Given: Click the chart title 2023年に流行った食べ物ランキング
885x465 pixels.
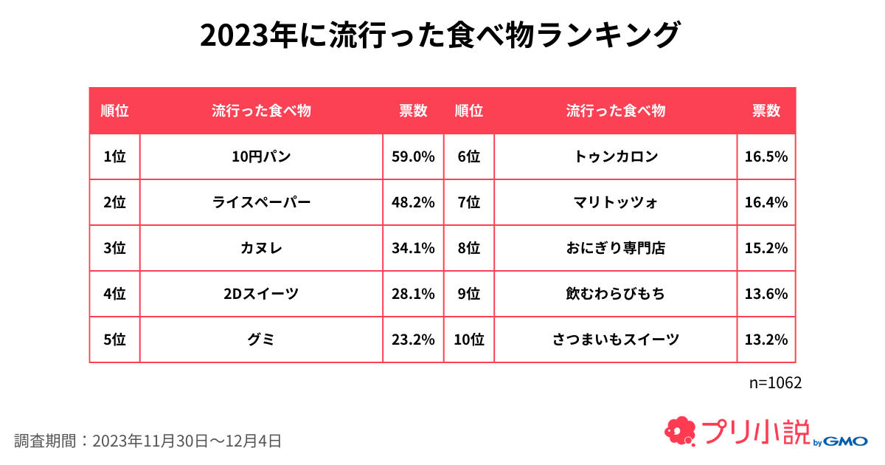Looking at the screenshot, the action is tap(440, 35).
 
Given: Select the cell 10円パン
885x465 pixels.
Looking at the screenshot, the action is tap(261, 156).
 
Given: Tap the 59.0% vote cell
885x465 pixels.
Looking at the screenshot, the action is tap(413, 156).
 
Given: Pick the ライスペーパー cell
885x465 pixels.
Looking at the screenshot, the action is tap(261, 202).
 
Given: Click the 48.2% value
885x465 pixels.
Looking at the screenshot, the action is tap(413, 202).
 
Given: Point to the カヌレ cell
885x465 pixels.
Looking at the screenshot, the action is tap(261, 248).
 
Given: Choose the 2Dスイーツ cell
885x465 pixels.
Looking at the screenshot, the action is tap(261, 294).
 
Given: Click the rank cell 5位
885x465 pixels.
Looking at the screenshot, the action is tap(114, 340).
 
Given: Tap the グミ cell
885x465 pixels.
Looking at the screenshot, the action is tap(261, 340).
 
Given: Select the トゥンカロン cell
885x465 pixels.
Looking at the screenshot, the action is tap(616, 156).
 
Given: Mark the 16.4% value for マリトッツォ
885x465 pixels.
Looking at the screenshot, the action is tap(766, 202).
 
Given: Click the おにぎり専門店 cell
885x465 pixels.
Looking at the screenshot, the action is tap(616, 248).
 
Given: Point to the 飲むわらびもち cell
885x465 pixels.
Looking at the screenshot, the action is tap(616, 294).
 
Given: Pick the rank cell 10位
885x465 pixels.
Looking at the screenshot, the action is tap(469, 340).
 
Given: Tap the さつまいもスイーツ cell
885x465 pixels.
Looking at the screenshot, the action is tap(616, 340).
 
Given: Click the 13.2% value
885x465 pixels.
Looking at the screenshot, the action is tap(766, 340).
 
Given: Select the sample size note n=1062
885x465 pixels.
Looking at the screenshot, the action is tap(775, 383).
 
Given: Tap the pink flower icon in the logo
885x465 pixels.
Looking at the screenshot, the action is tap(680, 431).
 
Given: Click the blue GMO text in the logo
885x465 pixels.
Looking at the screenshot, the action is tap(845, 441).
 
